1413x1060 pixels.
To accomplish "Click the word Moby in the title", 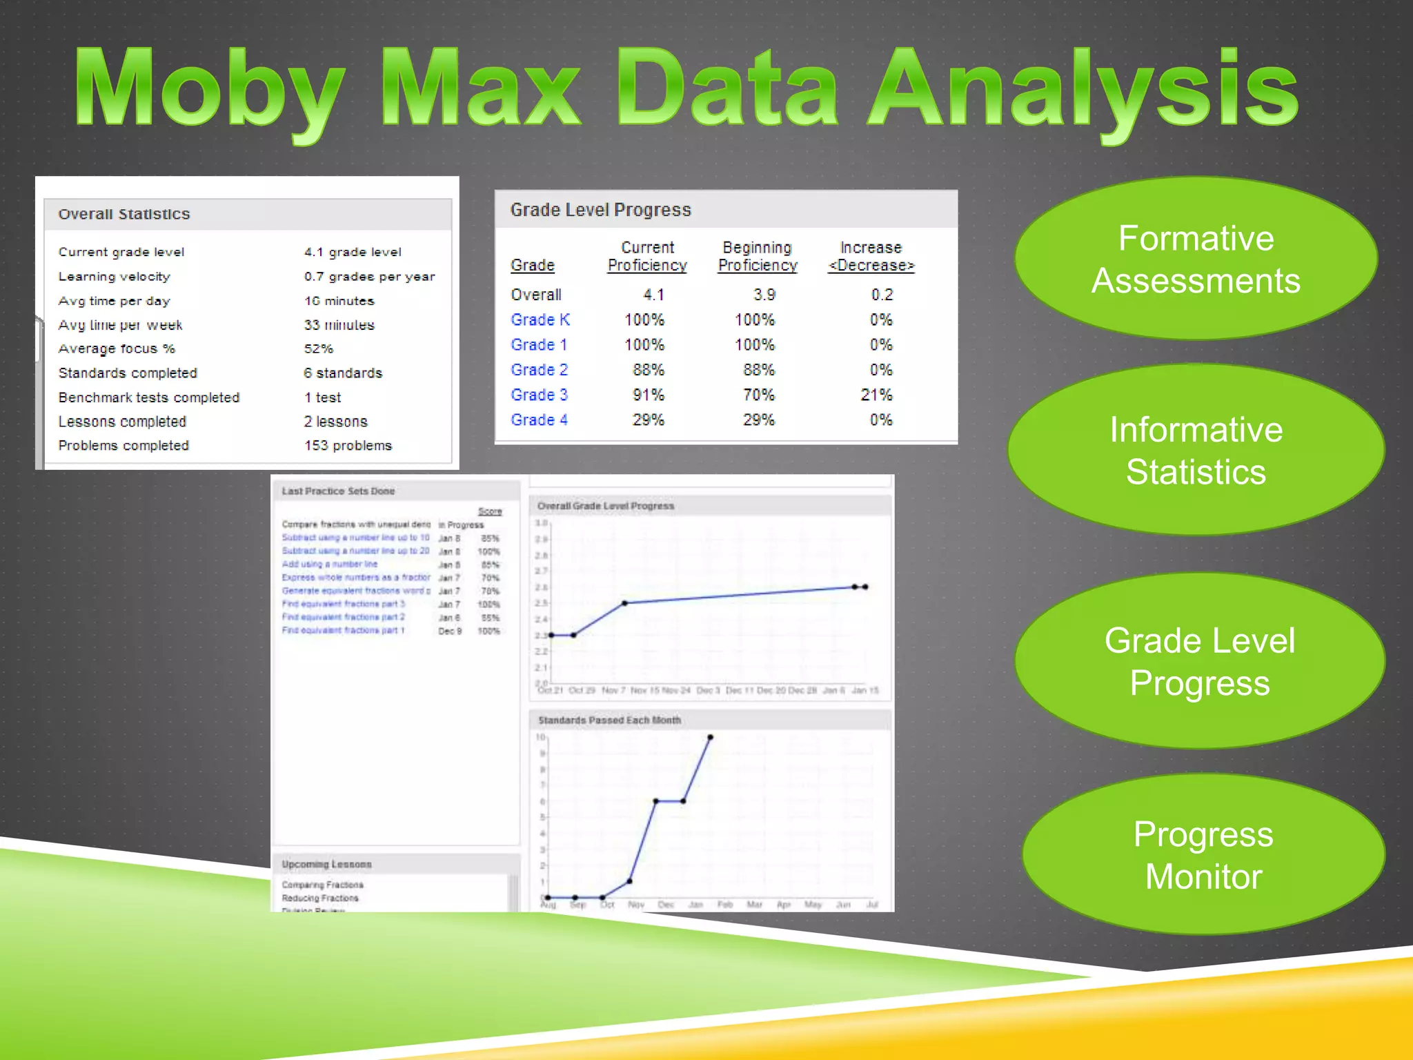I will click(210, 90).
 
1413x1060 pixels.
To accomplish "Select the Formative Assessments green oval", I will click(1196, 259).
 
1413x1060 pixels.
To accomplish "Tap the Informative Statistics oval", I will click(1196, 450).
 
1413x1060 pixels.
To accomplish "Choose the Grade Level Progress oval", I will click(1199, 661).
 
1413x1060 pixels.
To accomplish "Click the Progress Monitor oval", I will click(1203, 854).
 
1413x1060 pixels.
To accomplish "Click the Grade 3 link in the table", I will click(539, 395).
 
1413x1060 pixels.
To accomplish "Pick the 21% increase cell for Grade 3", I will click(876, 395).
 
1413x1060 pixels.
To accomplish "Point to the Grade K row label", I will click(540, 320).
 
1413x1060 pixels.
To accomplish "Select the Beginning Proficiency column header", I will click(758, 256).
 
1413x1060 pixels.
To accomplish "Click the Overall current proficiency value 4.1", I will click(653, 295).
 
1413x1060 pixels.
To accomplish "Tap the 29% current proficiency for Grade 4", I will click(648, 420).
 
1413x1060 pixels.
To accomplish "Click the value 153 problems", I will click(348, 445).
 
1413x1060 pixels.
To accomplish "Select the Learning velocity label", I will click(114, 276).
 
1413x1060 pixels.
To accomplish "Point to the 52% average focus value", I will click(319, 349).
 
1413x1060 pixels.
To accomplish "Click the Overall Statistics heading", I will click(124, 214).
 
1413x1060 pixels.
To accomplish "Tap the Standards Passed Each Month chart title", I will click(609, 720).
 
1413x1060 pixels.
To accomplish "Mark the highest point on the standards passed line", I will click(710, 738).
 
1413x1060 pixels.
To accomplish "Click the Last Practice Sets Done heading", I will click(338, 491).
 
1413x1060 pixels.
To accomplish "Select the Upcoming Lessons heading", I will click(326, 864).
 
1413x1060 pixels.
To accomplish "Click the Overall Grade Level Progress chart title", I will click(606, 506).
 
